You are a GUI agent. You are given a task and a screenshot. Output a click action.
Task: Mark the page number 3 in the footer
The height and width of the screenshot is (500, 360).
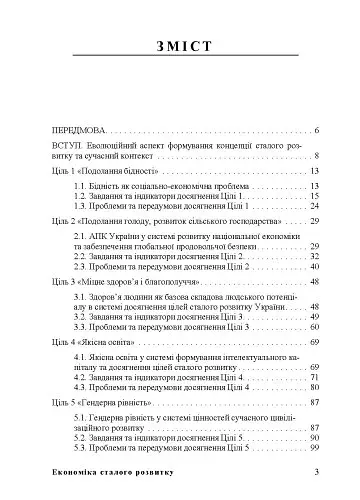point(316,474)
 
